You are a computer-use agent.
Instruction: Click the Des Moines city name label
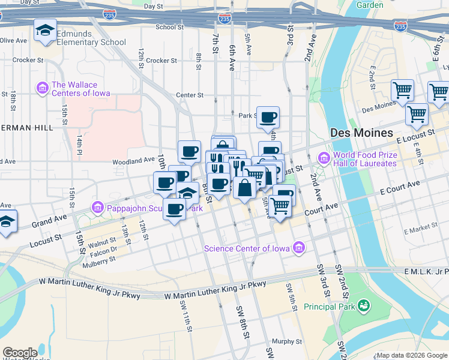361,133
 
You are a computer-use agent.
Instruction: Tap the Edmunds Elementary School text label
91,38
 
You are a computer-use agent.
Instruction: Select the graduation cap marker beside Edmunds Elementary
44,31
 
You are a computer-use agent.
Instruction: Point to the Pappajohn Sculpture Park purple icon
97,208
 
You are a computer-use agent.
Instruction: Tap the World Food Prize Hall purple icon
324,158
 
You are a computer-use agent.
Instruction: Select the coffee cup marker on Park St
268,117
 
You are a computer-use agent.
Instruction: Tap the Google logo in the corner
19,353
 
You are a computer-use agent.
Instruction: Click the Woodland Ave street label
133,161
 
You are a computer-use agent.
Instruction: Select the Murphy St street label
287,341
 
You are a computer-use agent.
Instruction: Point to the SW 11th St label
185,316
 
